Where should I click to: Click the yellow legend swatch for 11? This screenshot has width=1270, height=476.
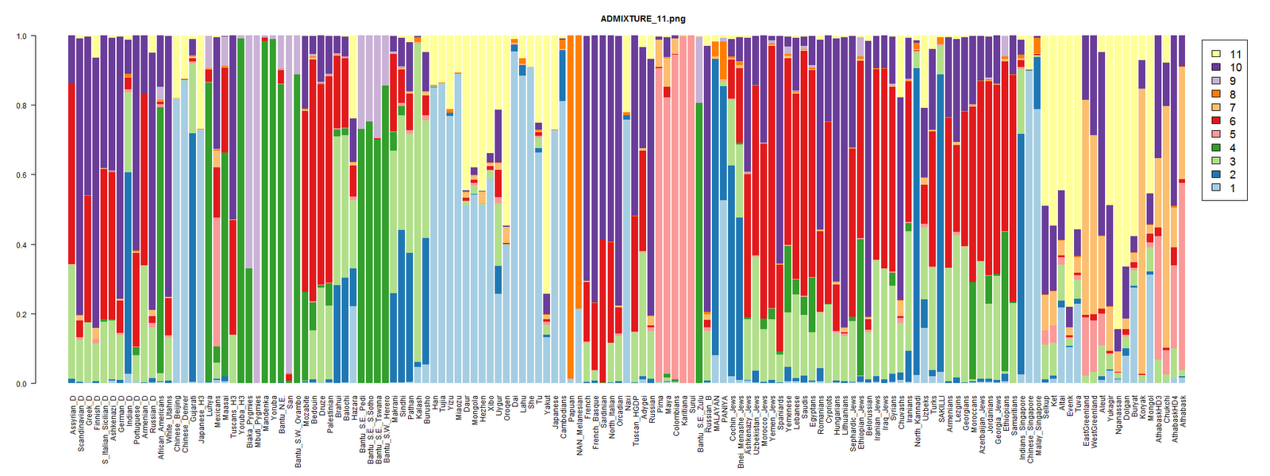coord(1214,54)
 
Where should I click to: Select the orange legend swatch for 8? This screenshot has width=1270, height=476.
coord(1214,94)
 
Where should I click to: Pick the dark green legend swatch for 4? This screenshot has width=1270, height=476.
coord(1214,148)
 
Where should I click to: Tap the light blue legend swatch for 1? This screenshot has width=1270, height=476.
coord(1214,189)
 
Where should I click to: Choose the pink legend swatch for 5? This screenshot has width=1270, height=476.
coord(1214,135)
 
